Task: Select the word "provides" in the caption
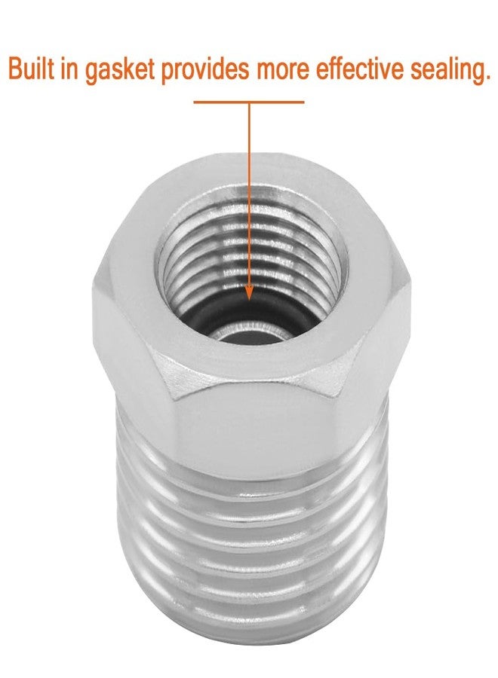pos(205,71)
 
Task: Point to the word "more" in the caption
pos(283,72)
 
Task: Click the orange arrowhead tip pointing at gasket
pos(249,300)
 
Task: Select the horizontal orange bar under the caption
pos(249,102)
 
